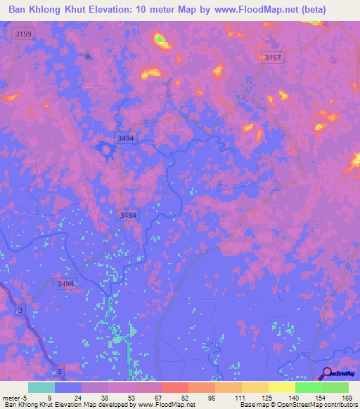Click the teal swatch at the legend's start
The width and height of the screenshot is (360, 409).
coord(41,387)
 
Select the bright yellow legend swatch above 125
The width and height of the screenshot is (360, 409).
coord(282,387)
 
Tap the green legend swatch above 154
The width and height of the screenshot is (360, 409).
coord(309,387)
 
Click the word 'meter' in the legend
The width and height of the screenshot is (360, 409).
coord(12,397)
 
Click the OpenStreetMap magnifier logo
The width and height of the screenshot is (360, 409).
coord(326,374)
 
